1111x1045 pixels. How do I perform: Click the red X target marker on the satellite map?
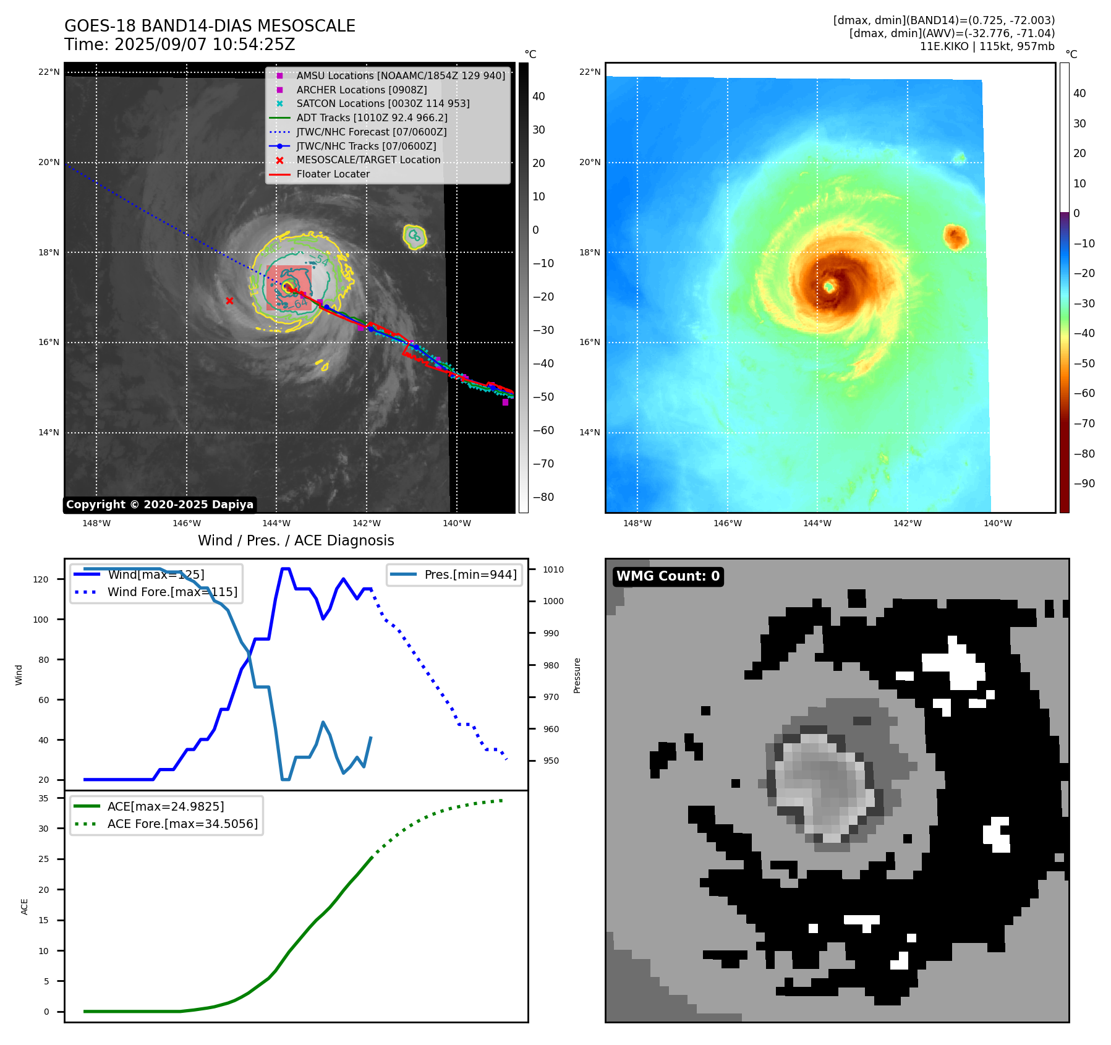coord(229,301)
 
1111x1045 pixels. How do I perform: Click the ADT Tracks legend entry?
coord(372,117)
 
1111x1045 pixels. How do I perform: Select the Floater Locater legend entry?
coord(333,174)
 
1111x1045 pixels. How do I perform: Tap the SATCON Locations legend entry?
coord(383,103)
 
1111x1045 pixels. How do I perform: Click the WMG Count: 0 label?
coord(668,576)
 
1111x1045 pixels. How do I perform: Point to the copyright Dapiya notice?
coord(160,505)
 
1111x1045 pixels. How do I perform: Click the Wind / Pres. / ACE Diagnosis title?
coord(296,540)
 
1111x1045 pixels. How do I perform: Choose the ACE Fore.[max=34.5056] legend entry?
coord(182,824)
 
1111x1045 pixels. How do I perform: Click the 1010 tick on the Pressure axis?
coord(553,569)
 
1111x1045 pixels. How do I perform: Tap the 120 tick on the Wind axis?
coord(41,579)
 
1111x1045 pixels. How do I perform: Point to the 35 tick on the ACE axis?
coord(43,798)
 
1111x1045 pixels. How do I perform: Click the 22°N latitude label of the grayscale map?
coord(49,72)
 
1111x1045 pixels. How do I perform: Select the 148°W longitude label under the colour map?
coord(637,523)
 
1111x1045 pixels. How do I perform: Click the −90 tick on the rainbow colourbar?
coord(1084,484)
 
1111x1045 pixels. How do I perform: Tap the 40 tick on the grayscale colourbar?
coord(538,96)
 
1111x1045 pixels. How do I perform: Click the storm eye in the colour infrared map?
coord(830,286)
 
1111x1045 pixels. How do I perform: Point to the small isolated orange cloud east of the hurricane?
coord(955,237)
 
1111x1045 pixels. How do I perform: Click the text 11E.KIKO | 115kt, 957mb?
coord(987,46)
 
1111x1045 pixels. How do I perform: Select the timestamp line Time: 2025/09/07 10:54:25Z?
coord(180,45)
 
